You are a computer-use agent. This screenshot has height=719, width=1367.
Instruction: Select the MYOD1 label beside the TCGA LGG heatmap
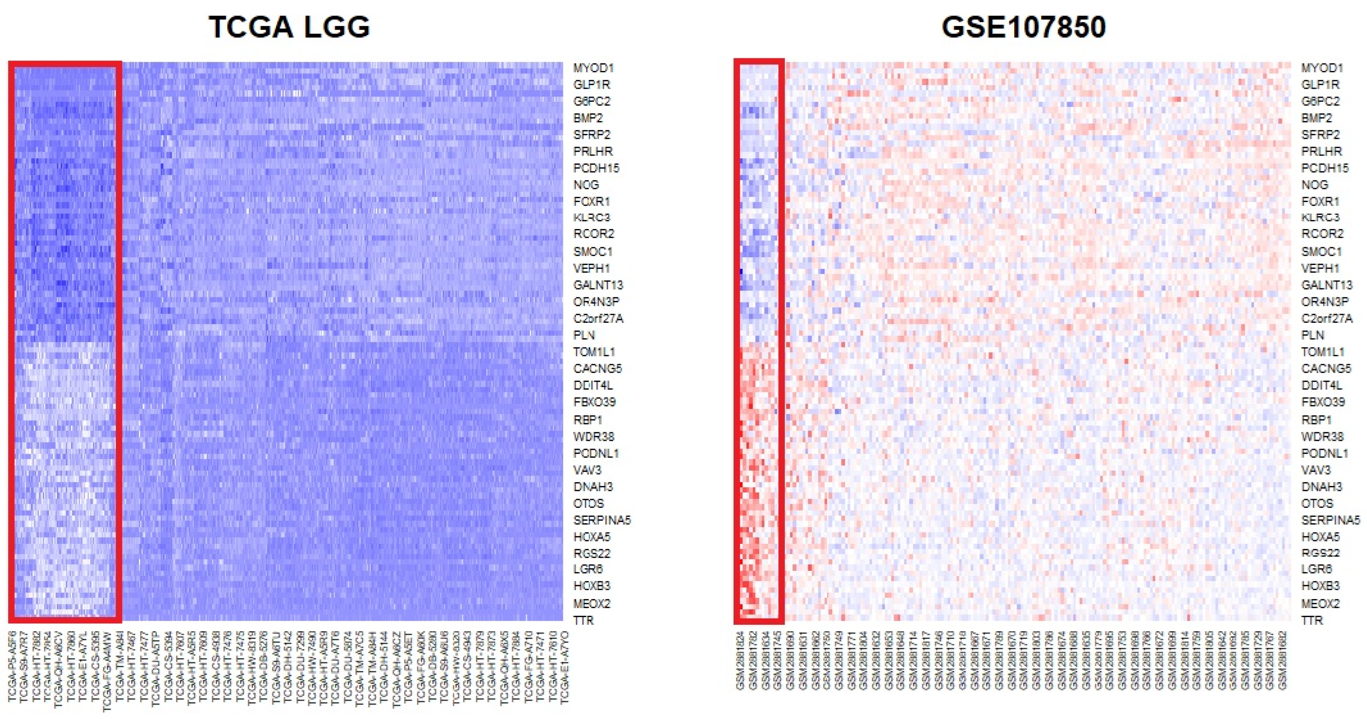tap(593, 68)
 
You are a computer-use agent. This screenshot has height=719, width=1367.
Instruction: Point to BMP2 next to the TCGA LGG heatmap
tap(588, 118)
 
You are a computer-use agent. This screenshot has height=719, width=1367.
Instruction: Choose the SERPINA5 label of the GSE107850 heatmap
tap(1330, 520)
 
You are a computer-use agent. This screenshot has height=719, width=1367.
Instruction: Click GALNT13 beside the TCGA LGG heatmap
tap(598, 285)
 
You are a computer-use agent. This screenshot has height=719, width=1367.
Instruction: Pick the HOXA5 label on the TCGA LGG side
tap(592, 536)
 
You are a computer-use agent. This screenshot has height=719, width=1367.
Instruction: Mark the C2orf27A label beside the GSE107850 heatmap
tap(1326, 318)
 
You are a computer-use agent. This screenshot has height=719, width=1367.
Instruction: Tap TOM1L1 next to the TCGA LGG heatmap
tap(594, 352)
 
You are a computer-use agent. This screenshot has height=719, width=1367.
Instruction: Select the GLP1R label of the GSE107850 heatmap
tap(1320, 84)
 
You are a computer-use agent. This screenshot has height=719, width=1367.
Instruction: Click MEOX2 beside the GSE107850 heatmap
tap(1320, 603)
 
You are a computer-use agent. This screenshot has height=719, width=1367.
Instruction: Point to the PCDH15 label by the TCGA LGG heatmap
tap(596, 168)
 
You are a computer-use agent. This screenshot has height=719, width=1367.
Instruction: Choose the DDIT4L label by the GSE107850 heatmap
tap(1321, 385)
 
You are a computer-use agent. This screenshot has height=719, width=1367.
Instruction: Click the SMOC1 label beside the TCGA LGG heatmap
tap(593, 252)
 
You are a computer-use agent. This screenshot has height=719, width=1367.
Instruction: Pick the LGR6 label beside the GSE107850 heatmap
tap(1317, 569)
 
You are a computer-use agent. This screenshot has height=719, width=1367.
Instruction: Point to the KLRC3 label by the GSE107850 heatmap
tap(1320, 218)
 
